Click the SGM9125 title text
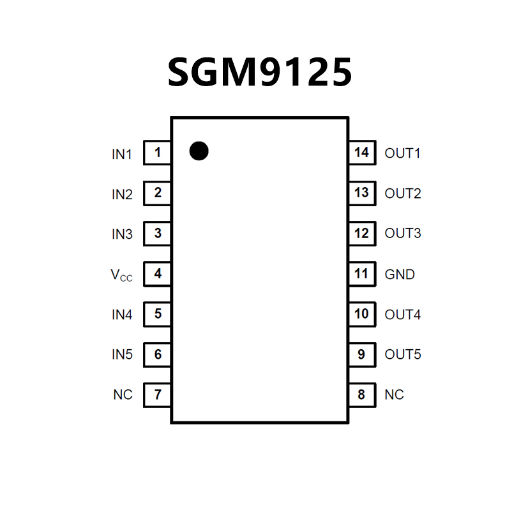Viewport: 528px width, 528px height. [x=260, y=73]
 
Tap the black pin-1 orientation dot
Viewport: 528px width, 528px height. [x=199, y=151]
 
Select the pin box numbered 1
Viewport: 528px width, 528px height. [x=157, y=153]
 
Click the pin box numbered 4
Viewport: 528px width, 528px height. [x=157, y=274]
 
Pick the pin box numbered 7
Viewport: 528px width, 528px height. [x=157, y=395]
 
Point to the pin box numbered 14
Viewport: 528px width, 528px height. [x=361, y=153]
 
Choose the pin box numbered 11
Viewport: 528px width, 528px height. [x=361, y=274]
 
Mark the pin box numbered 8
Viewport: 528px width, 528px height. [x=361, y=395]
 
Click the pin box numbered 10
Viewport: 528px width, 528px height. [x=361, y=314]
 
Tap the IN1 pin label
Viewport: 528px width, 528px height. [x=122, y=154]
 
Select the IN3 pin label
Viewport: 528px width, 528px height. [x=122, y=234]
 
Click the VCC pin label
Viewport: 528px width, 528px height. [x=122, y=275]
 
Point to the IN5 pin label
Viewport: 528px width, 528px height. [x=122, y=354]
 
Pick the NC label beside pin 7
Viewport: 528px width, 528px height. [x=123, y=395]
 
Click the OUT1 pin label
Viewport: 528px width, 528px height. [x=403, y=154]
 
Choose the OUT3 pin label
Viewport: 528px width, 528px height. [x=403, y=234]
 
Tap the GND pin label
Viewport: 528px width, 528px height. [x=400, y=275]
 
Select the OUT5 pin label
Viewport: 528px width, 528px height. [x=403, y=354]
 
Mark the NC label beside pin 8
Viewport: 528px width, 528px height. [x=394, y=395]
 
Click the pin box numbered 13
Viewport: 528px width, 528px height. [x=361, y=193]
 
